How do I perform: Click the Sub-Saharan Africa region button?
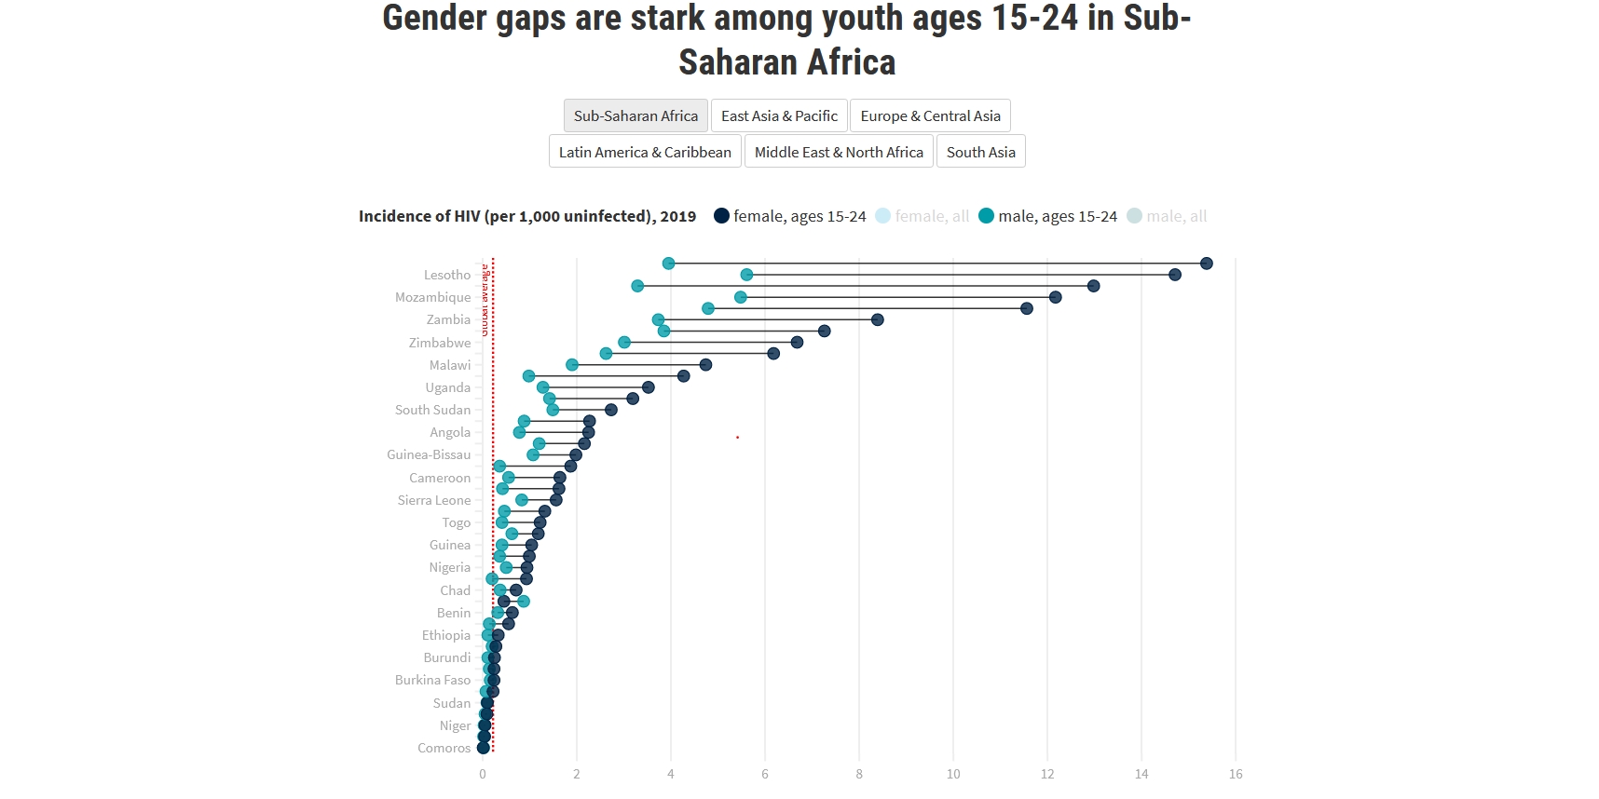(635, 116)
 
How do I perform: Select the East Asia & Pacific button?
(779, 116)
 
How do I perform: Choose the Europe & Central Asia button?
(930, 116)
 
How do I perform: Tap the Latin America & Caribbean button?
(645, 152)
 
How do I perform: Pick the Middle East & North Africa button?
(839, 152)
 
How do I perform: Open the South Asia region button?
(980, 152)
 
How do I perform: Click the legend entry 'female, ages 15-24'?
(789, 216)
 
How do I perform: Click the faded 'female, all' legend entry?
(922, 216)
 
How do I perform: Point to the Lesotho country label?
(447, 275)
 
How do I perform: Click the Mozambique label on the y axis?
(433, 297)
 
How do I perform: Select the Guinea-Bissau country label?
(429, 454)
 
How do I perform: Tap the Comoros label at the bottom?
(444, 748)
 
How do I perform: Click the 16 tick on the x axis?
(1236, 774)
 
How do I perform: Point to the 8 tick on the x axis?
(859, 774)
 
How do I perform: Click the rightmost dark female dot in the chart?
(1207, 264)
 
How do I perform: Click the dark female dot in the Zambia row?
(877, 319)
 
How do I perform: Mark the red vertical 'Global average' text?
(485, 300)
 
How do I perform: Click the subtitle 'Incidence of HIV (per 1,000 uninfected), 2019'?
(527, 216)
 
